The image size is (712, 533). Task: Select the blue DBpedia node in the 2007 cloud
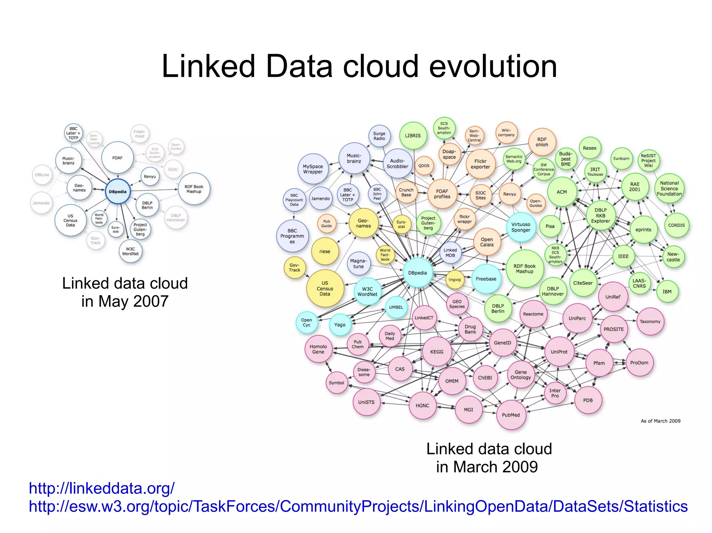coord(118,192)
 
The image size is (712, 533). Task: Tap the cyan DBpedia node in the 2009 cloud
coord(417,273)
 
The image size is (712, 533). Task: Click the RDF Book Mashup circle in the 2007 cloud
coord(194,189)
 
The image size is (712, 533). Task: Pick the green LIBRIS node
coord(413,136)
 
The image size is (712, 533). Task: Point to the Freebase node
coord(486,279)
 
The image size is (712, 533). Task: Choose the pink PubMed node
coord(511,415)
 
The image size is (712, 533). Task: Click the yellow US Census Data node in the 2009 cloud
coord(325,288)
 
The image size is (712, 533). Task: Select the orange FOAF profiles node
coord(442,194)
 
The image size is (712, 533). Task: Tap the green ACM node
coord(561,192)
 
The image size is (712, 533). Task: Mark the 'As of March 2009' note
coord(661,421)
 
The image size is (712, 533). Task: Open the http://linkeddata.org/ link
coord(102,488)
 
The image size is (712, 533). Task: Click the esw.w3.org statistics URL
coord(358,506)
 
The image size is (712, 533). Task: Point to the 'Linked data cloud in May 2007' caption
coord(125,292)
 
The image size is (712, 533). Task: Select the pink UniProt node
coord(559,352)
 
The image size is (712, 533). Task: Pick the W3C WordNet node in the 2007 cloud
coord(130,251)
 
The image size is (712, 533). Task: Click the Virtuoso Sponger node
coord(520,227)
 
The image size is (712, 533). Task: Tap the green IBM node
coord(667,292)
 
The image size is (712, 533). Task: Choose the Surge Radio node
coord(379,136)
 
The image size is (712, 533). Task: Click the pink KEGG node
coord(437,352)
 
